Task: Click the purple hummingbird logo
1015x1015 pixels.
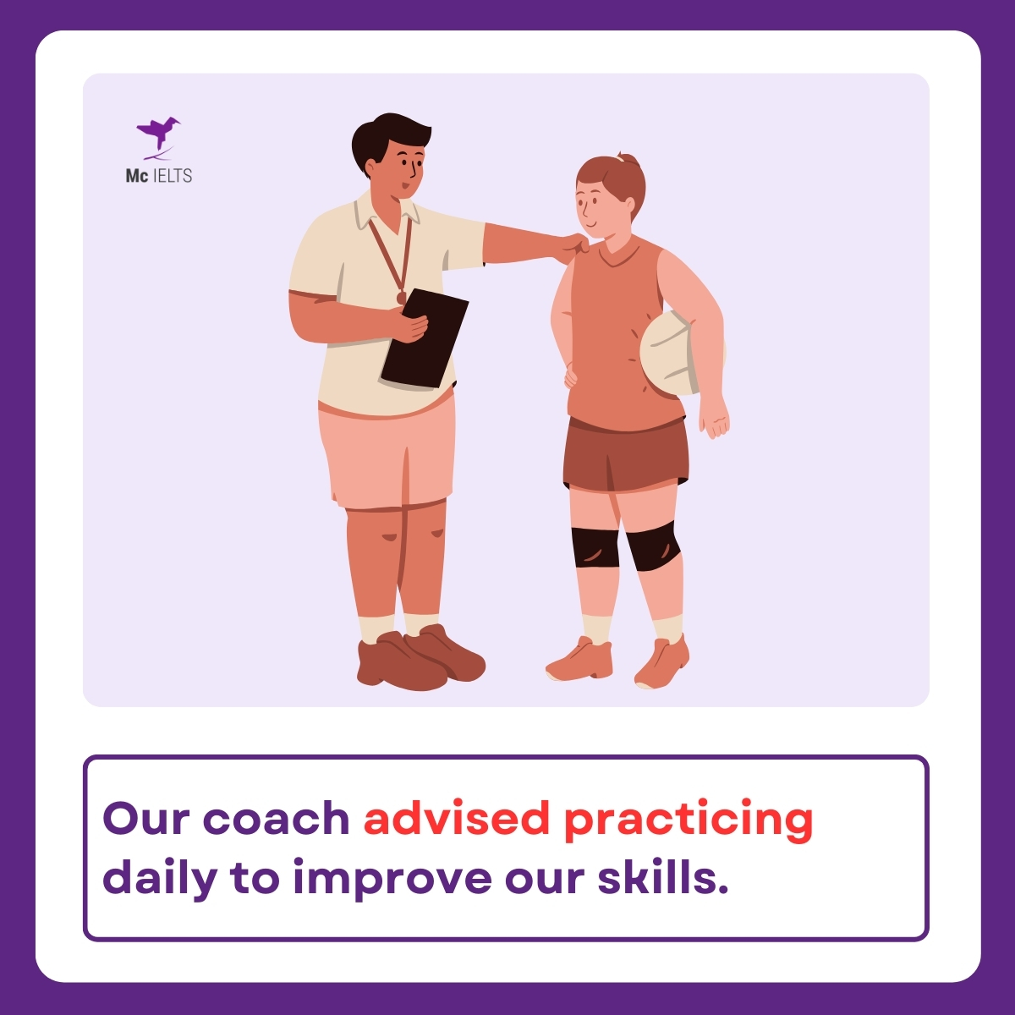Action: pyautogui.click(x=157, y=135)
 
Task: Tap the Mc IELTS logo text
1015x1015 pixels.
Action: pyautogui.click(x=159, y=176)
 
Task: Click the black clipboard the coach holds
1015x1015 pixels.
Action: pyautogui.click(x=425, y=338)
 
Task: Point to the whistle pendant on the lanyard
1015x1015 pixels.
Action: pyautogui.click(x=401, y=297)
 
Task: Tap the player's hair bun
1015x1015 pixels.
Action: pyautogui.click(x=626, y=158)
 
